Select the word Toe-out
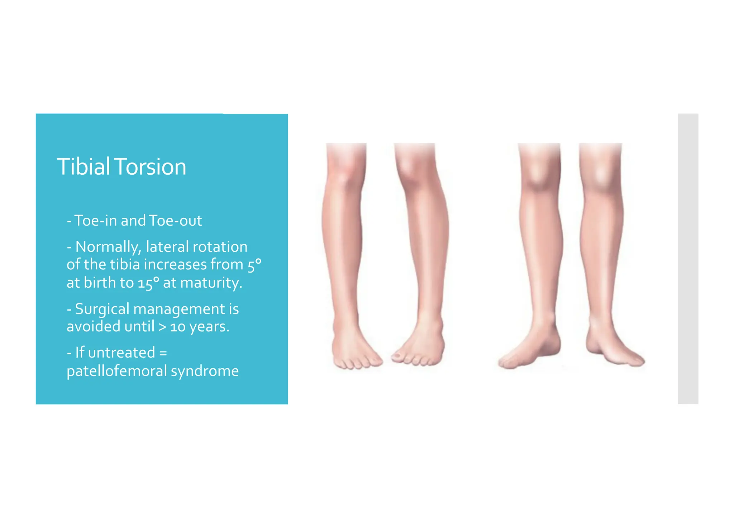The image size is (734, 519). (175, 221)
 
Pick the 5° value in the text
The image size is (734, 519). (254, 265)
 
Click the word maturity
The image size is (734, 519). (211, 283)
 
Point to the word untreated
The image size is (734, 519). (121, 353)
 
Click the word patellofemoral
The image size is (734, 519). (117, 371)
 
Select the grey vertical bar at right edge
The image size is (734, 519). (688, 259)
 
